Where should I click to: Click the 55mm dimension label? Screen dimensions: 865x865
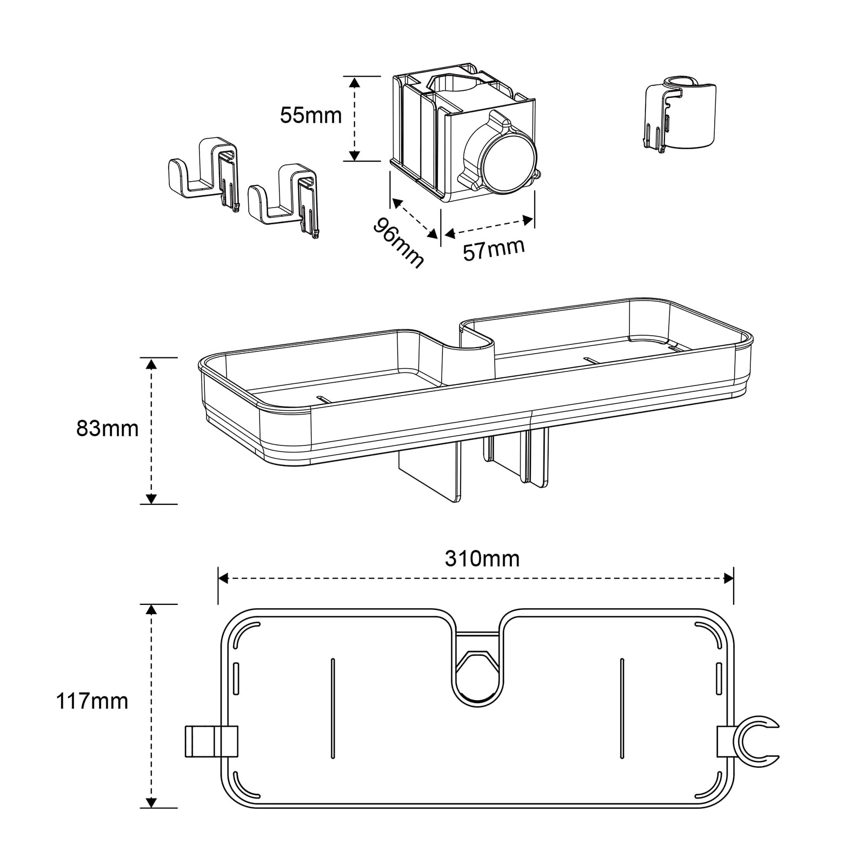(x=311, y=115)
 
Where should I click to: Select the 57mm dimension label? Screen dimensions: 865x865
(x=494, y=249)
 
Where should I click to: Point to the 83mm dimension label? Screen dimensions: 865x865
(x=108, y=429)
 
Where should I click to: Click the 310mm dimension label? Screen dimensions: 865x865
(x=482, y=558)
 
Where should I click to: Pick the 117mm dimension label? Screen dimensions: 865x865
(x=92, y=702)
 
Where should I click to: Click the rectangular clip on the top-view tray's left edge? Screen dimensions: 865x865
(x=211, y=741)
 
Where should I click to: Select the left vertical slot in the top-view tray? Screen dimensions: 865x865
(x=332, y=708)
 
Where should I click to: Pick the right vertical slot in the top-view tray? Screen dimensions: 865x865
(x=622, y=708)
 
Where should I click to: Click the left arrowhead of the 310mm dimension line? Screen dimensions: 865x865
(x=223, y=578)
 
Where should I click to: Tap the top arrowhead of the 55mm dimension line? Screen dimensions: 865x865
(x=354, y=82)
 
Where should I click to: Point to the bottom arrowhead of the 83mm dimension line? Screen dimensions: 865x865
(x=152, y=498)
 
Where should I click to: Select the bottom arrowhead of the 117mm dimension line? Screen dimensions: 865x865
(x=152, y=802)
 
